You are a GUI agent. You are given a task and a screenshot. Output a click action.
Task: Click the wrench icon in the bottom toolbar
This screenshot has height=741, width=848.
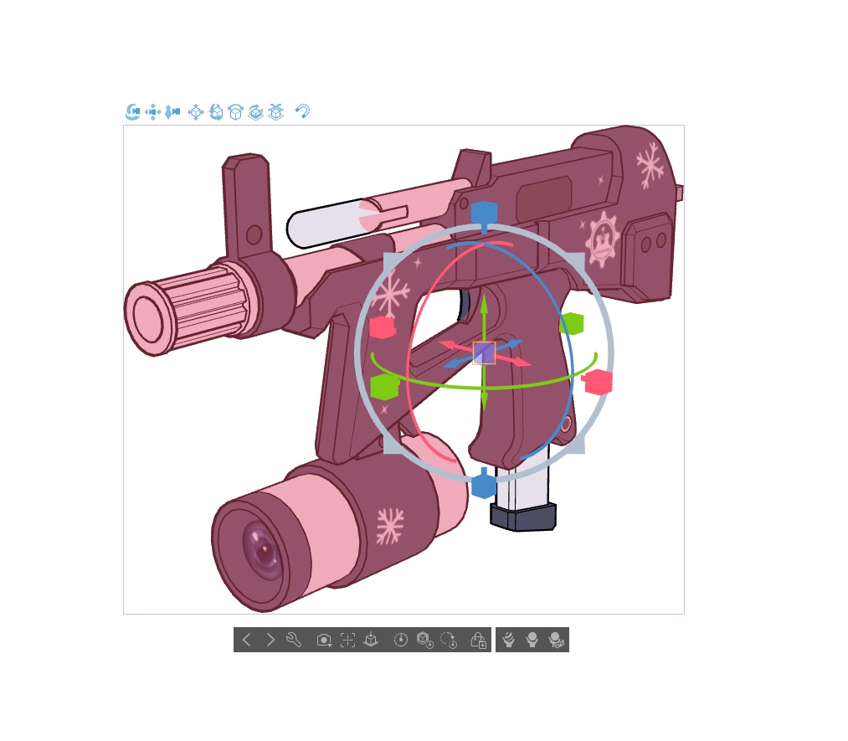click(293, 641)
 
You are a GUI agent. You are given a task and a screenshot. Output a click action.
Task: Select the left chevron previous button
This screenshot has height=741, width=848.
click(246, 641)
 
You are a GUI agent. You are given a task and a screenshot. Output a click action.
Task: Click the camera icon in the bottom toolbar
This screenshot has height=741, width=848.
click(324, 641)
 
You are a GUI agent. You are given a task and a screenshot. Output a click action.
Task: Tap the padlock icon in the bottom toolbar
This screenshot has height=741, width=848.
click(478, 641)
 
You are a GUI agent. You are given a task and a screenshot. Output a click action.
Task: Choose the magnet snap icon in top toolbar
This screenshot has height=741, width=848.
click(302, 111)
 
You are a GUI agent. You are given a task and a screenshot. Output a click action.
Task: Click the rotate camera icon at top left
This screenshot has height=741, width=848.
click(132, 111)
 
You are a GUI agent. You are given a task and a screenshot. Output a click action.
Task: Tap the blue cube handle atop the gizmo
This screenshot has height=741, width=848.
click(484, 213)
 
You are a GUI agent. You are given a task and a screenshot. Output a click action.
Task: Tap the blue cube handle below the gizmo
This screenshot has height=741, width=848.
click(484, 486)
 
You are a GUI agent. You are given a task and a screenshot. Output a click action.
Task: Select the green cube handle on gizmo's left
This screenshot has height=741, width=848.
click(384, 387)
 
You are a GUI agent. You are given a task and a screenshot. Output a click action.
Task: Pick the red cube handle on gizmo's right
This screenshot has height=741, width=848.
click(599, 382)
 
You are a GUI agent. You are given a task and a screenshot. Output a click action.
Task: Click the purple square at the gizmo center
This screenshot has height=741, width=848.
click(484, 352)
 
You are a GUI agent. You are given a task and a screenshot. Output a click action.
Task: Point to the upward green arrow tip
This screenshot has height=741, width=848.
click(484, 300)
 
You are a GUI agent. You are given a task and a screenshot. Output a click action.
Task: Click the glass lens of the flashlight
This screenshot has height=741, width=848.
click(261, 549)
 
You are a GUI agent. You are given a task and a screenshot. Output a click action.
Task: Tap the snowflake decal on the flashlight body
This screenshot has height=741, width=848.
click(389, 526)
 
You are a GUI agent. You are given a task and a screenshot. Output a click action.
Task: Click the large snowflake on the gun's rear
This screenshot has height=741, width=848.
click(650, 164)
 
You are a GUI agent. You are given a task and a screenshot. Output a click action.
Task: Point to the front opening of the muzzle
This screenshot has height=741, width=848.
click(148, 320)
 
